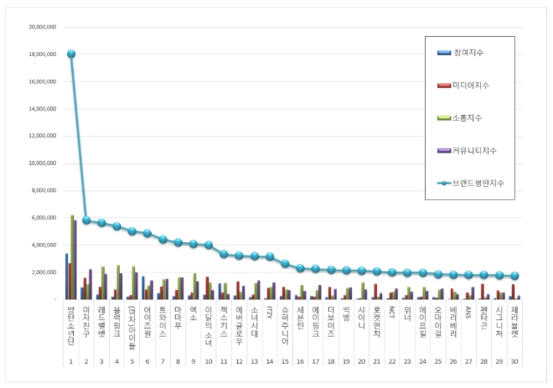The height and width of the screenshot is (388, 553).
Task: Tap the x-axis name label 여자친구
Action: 86,318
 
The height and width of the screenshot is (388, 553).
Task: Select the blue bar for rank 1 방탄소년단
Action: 66,277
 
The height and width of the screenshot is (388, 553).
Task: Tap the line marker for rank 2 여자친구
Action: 86,220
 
